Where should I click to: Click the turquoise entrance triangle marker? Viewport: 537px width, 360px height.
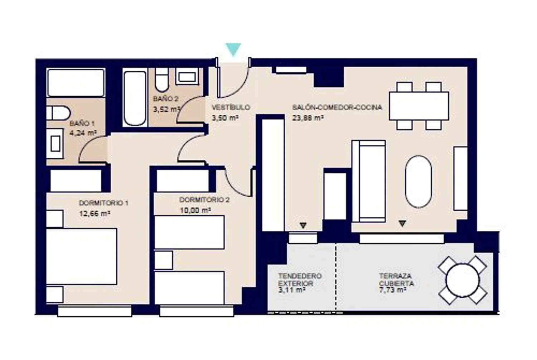tap(233, 49)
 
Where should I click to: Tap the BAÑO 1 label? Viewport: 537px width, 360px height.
tap(82, 124)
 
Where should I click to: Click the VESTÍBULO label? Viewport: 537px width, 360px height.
tap(231, 107)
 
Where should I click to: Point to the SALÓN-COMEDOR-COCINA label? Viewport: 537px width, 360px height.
tap(337, 107)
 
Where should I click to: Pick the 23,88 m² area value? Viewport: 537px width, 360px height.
tap(308, 118)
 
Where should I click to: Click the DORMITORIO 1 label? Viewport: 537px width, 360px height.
tap(103, 203)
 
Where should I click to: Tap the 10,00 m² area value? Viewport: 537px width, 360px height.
tap(195, 210)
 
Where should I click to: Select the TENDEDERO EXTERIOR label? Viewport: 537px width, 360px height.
tap(300, 279)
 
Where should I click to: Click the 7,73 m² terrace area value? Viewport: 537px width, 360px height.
tap(392, 290)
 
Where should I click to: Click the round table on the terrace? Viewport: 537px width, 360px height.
tap(463, 280)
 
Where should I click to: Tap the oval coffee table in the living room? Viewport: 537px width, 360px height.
tap(419, 182)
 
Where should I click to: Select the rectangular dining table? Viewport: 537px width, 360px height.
tap(419, 106)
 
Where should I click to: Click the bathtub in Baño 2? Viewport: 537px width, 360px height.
tap(135, 98)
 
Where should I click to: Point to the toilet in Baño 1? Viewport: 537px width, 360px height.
tap(58, 113)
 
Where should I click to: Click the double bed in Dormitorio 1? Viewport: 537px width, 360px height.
tap(82, 256)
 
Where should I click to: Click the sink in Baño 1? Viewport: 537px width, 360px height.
tap(55, 143)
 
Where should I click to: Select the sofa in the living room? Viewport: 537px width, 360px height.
tap(369, 181)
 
